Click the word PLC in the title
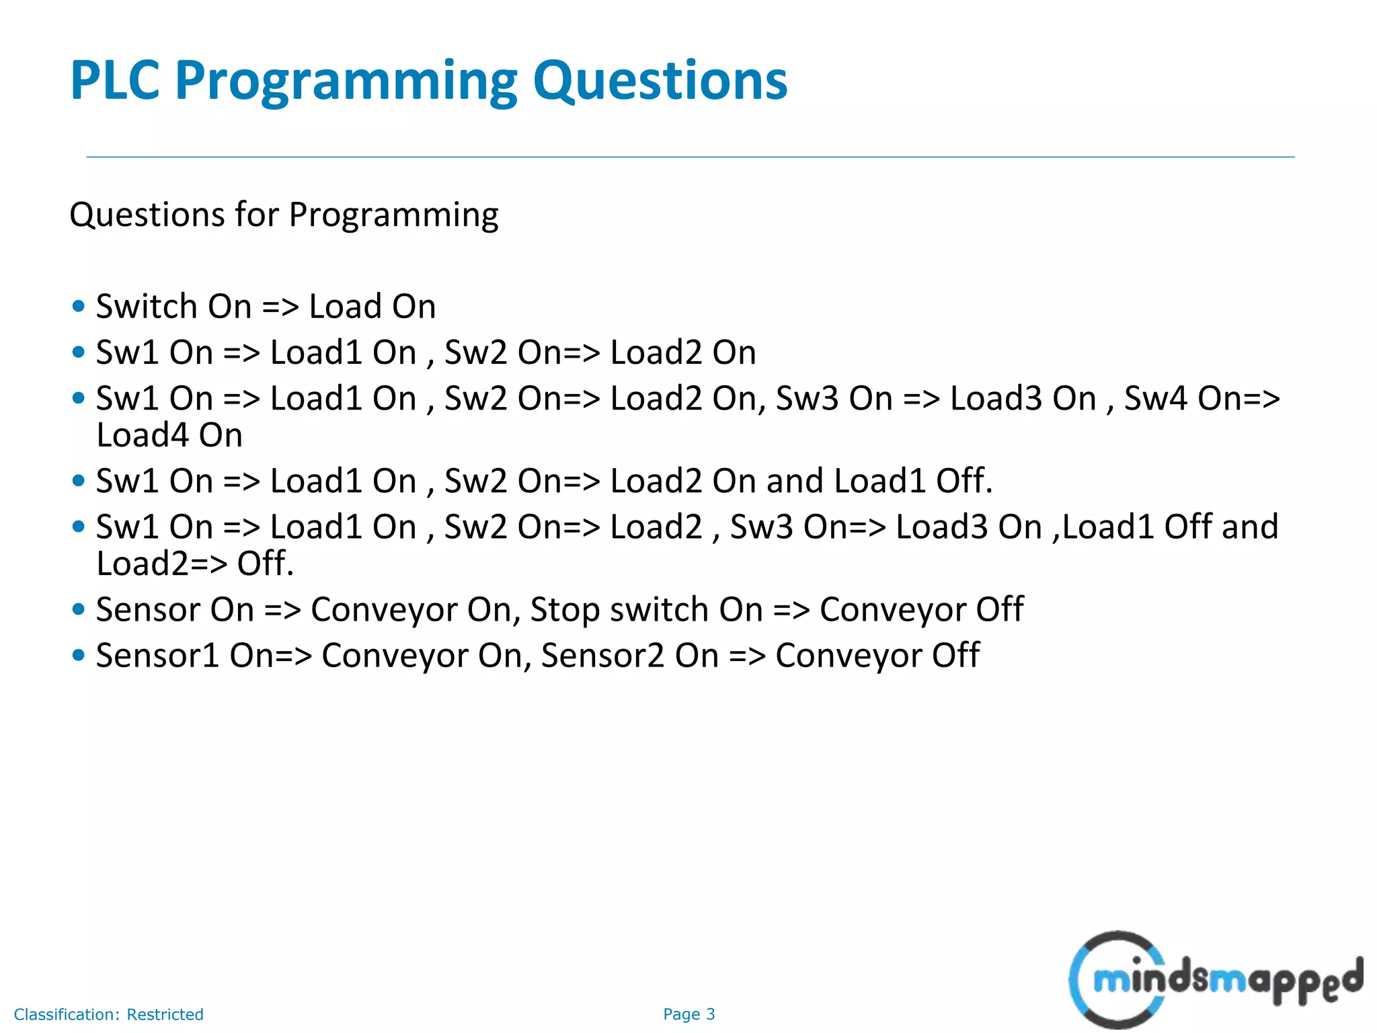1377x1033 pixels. pyautogui.click(x=114, y=81)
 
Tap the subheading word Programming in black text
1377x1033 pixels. pyautogui.click(x=393, y=216)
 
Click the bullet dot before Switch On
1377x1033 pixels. pyautogui.click(x=79, y=307)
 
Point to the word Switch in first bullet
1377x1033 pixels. pyautogui.click(x=147, y=307)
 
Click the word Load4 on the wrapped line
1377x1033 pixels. pyautogui.click(x=143, y=435)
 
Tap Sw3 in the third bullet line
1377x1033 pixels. pyautogui.click(x=807, y=398)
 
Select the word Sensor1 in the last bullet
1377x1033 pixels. pyautogui.click(x=157, y=656)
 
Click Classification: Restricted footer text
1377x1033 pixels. pyautogui.click(x=108, y=1014)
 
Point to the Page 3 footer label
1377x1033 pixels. pyautogui.click(x=688, y=1014)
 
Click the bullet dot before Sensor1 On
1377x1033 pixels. pyautogui.click(x=79, y=655)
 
